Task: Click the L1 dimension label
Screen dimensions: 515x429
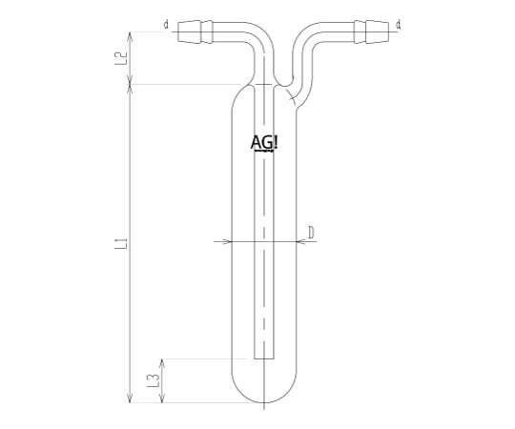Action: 121,243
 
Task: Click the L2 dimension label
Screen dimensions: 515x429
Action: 120,58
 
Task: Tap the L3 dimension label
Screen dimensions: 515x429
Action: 153,380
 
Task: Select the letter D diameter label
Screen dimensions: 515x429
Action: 311,233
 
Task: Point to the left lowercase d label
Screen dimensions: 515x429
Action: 167,25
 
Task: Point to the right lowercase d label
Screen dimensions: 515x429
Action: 398,25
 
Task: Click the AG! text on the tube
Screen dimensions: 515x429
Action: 264,143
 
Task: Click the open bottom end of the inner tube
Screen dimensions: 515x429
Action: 264,358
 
